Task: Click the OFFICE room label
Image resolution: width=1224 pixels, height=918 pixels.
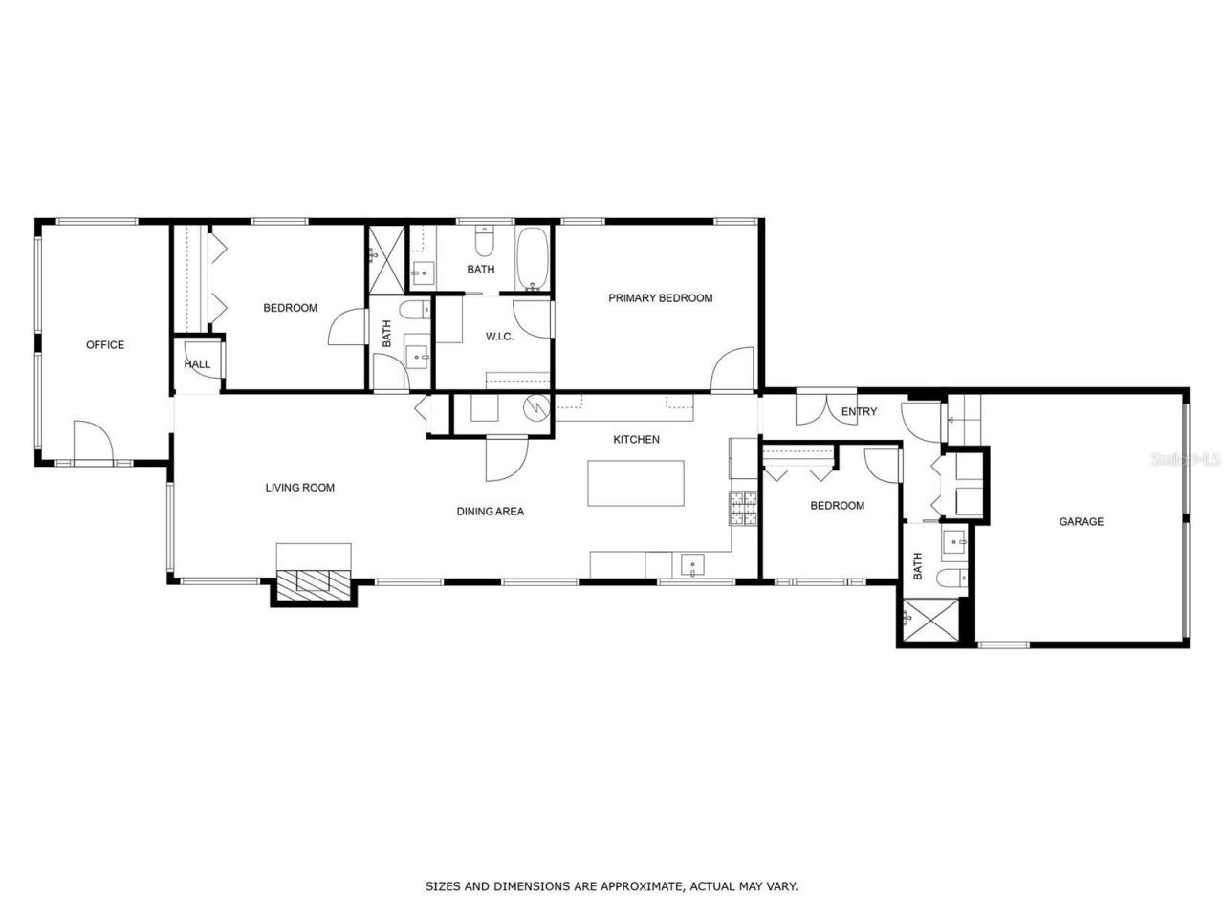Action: (105, 345)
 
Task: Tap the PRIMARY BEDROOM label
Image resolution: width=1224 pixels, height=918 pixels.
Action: (660, 298)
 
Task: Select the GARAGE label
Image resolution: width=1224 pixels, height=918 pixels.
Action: (1081, 522)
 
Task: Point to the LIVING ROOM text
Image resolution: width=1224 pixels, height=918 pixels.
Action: (300, 488)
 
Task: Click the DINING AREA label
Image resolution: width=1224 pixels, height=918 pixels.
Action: (490, 512)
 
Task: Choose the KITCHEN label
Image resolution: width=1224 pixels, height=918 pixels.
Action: (636, 440)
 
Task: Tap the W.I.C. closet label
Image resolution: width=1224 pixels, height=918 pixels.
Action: (499, 337)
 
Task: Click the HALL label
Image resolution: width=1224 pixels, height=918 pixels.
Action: (197, 364)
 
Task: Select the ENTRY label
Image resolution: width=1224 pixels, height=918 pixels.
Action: (859, 412)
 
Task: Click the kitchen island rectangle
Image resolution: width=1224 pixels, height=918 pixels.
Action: (636, 484)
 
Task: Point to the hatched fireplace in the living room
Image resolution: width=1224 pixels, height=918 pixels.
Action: (314, 582)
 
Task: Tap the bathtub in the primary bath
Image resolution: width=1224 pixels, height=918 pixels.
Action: (533, 258)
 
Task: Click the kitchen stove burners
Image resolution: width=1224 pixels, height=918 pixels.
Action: (744, 509)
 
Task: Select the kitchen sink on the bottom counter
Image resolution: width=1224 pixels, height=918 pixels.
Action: (692, 565)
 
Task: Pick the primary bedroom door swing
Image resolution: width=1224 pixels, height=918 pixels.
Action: (734, 370)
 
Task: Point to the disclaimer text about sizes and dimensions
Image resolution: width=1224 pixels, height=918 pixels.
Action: (611, 886)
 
